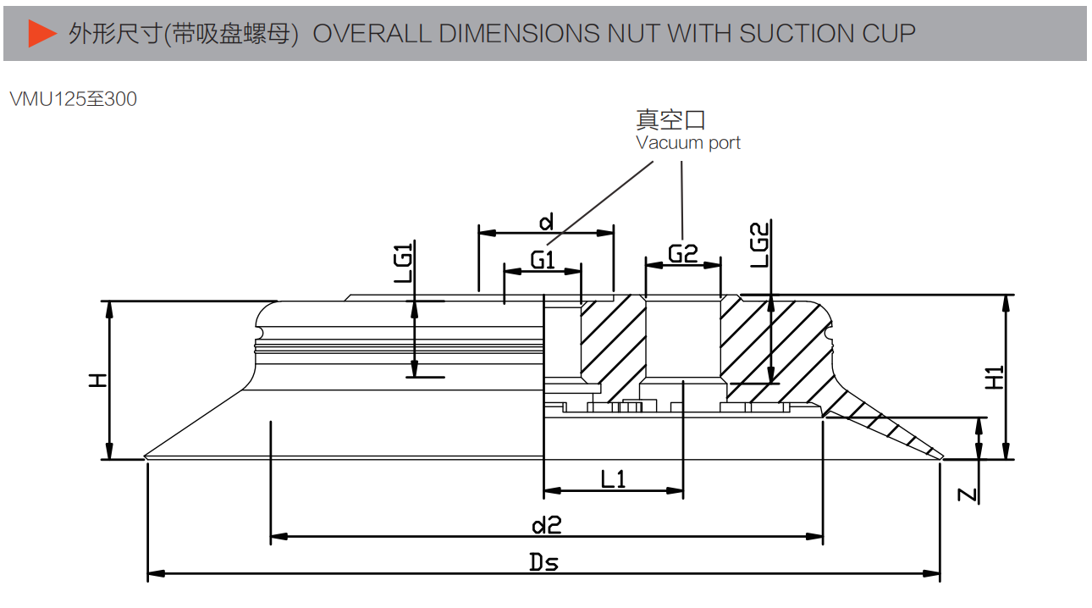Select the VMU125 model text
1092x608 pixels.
(x=44, y=99)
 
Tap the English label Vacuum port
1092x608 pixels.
(x=688, y=143)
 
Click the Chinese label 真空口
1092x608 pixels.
(x=670, y=119)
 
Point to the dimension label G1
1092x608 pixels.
(x=543, y=259)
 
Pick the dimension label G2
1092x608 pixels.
(x=682, y=253)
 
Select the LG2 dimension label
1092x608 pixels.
(x=760, y=245)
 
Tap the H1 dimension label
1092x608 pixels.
(x=995, y=378)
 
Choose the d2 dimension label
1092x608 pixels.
(x=547, y=525)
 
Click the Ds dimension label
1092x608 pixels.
(x=544, y=561)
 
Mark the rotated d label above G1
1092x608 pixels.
(x=547, y=223)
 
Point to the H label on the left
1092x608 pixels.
(x=99, y=380)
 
